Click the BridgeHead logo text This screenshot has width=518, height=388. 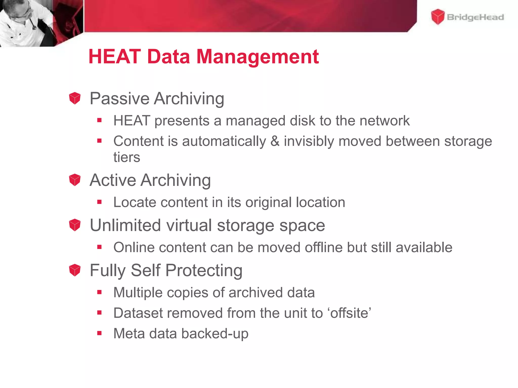[x=475, y=17]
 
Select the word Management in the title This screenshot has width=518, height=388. [x=257, y=57]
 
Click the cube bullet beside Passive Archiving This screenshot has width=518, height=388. [x=75, y=98]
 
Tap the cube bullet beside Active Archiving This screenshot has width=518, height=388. [x=75, y=180]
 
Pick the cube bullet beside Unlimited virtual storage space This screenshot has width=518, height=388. [x=75, y=225]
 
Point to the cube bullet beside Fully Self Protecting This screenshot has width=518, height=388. [x=75, y=270]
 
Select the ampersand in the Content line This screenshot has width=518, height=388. [x=275, y=141]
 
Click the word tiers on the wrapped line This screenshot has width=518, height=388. [x=126, y=157]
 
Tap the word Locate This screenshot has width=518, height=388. [x=135, y=202]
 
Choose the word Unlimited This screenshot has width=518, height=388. [x=125, y=225]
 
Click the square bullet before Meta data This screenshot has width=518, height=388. [x=99, y=333]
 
